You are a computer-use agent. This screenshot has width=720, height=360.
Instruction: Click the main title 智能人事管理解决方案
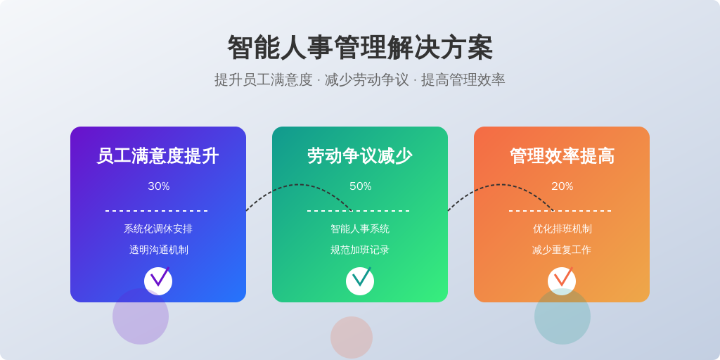coord(360,48)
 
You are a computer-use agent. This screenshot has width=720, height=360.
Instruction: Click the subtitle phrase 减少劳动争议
coord(366,80)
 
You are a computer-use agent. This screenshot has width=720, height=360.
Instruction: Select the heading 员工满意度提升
coord(158,156)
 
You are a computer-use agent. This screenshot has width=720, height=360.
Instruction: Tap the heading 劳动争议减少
coord(360,156)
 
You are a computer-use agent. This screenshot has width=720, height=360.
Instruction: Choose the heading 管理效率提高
coord(562,156)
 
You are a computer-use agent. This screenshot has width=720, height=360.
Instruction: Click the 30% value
coord(158,186)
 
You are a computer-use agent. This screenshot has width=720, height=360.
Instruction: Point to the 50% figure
coord(361,186)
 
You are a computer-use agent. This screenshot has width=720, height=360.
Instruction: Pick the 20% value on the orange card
coord(562,186)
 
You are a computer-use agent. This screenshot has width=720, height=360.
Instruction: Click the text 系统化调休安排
coord(158,229)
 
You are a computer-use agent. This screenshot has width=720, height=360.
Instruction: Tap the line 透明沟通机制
coord(158,250)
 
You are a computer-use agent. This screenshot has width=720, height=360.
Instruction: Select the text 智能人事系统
coord(360,229)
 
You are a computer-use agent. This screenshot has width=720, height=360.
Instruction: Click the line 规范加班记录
coord(360,250)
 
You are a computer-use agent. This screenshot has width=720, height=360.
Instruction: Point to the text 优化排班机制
coord(562,229)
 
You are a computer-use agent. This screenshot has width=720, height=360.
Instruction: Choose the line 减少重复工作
coord(562,250)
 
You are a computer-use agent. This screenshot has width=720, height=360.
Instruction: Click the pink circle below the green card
coord(352,337)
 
